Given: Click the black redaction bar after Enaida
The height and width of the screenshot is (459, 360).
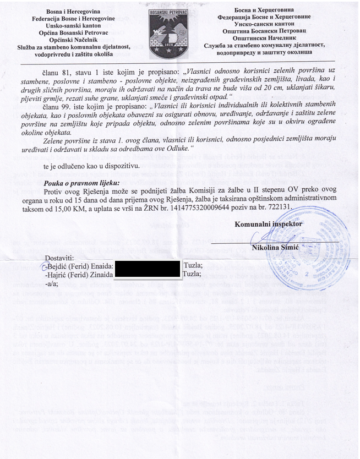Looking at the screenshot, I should [146, 265].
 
